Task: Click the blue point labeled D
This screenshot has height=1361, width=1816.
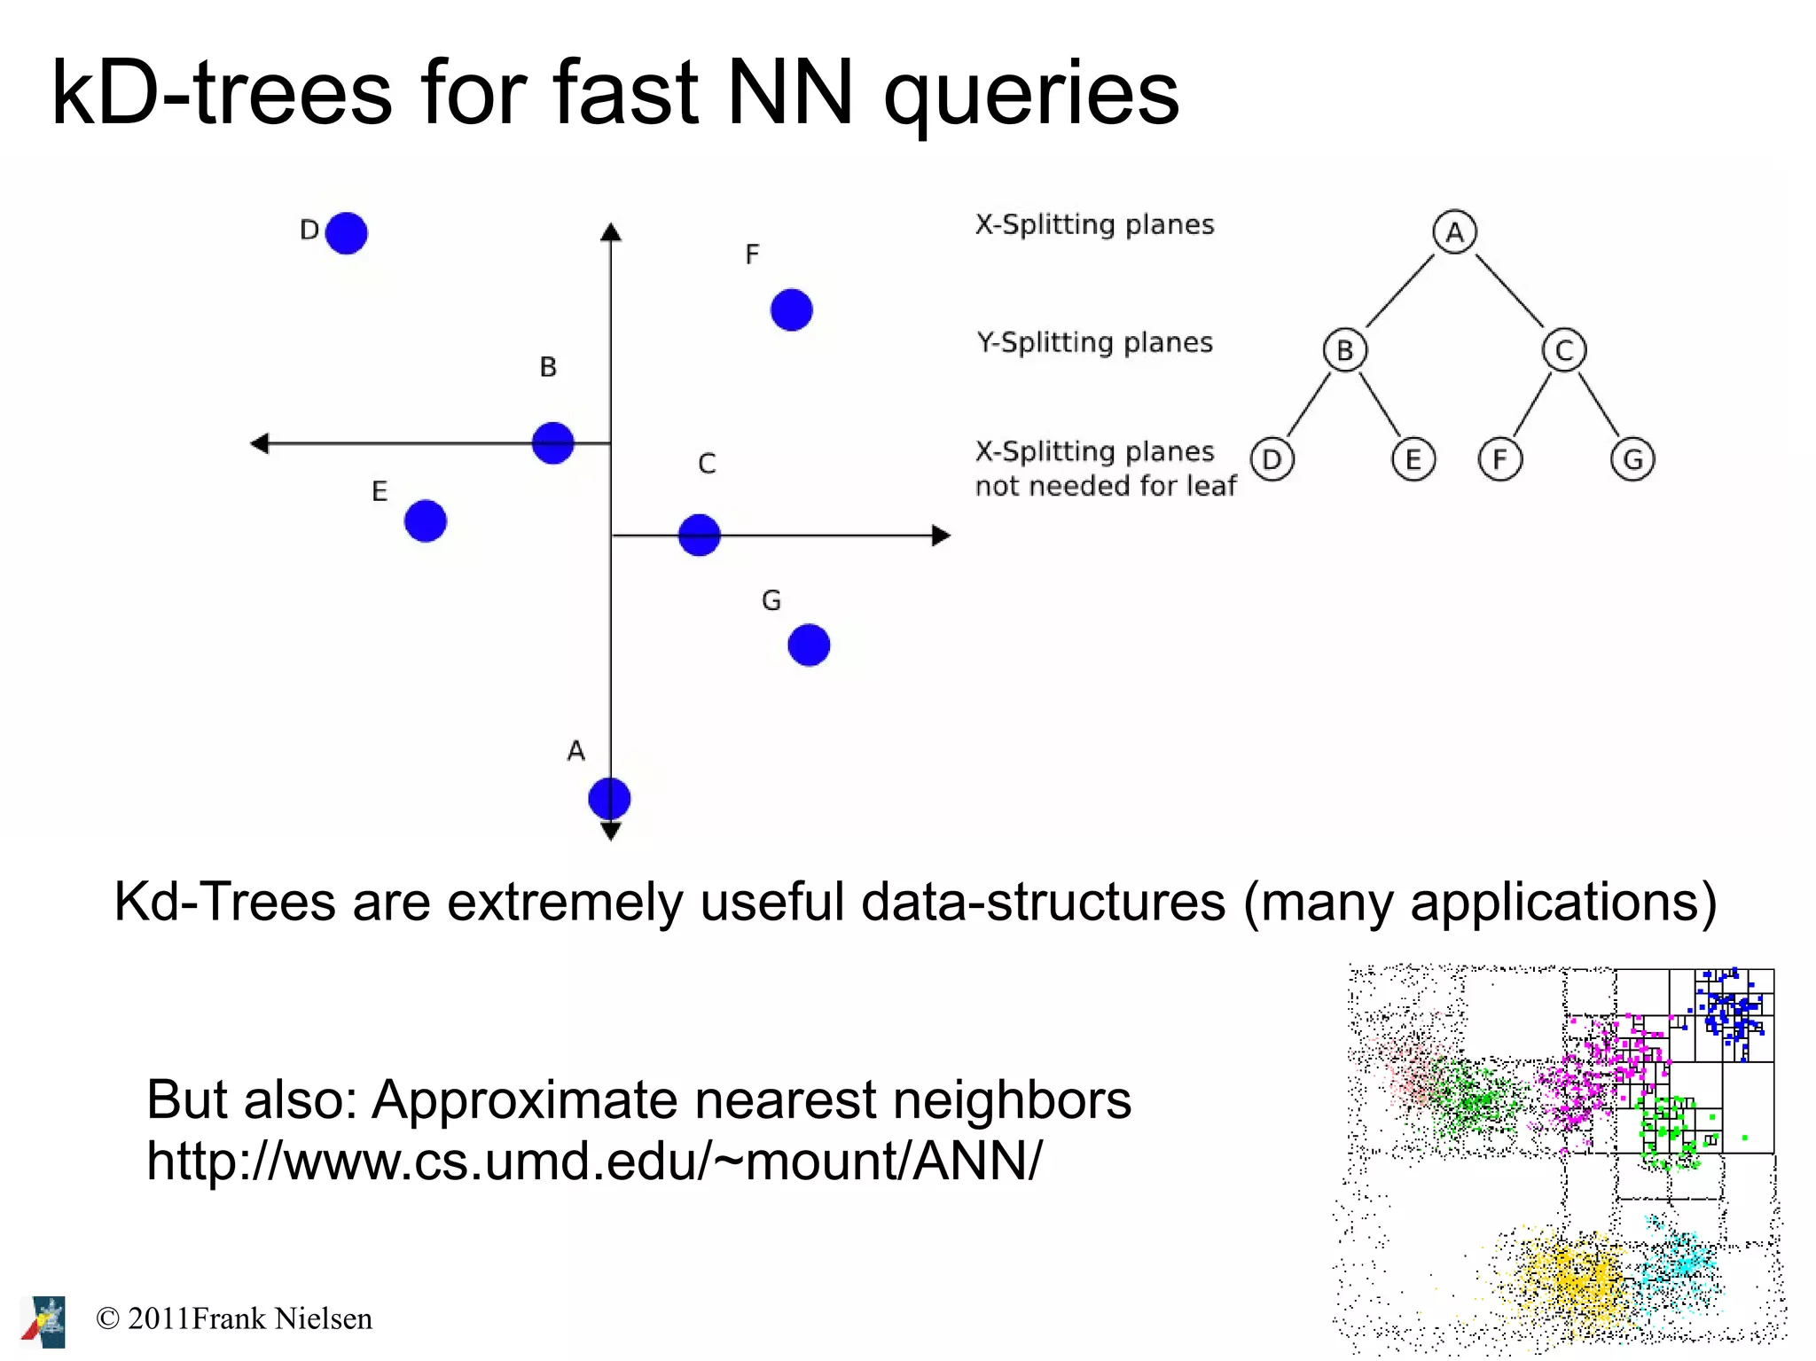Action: tap(346, 233)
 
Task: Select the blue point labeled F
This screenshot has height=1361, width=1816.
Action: tap(791, 310)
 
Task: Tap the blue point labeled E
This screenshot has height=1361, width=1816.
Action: tap(425, 520)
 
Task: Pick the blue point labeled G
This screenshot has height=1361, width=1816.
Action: tap(808, 645)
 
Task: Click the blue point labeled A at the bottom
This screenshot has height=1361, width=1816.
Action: tap(609, 798)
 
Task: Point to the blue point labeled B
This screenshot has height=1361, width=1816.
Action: tap(552, 442)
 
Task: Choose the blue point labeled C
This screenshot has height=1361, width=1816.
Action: tap(699, 535)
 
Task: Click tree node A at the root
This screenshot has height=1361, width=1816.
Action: tap(1454, 232)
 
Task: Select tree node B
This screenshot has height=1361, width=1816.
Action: tap(1344, 350)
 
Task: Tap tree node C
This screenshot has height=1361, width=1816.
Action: tap(1563, 350)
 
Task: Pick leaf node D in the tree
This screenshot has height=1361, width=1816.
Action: tap(1272, 459)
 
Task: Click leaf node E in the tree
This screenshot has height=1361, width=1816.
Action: tap(1413, 459)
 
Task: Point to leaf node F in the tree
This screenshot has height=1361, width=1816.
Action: tap(1499, 459)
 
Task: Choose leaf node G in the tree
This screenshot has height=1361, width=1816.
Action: tap(1632, 459)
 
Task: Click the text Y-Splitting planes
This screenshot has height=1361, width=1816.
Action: tap(1094, 342)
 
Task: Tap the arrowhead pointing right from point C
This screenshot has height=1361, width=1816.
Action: tap(942, 536)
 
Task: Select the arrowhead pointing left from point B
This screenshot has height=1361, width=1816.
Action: tap(259, 442)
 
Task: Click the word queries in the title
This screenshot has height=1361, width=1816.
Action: tap(1031, 93)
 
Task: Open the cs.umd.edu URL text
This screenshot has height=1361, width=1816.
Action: tap(594, 1160)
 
